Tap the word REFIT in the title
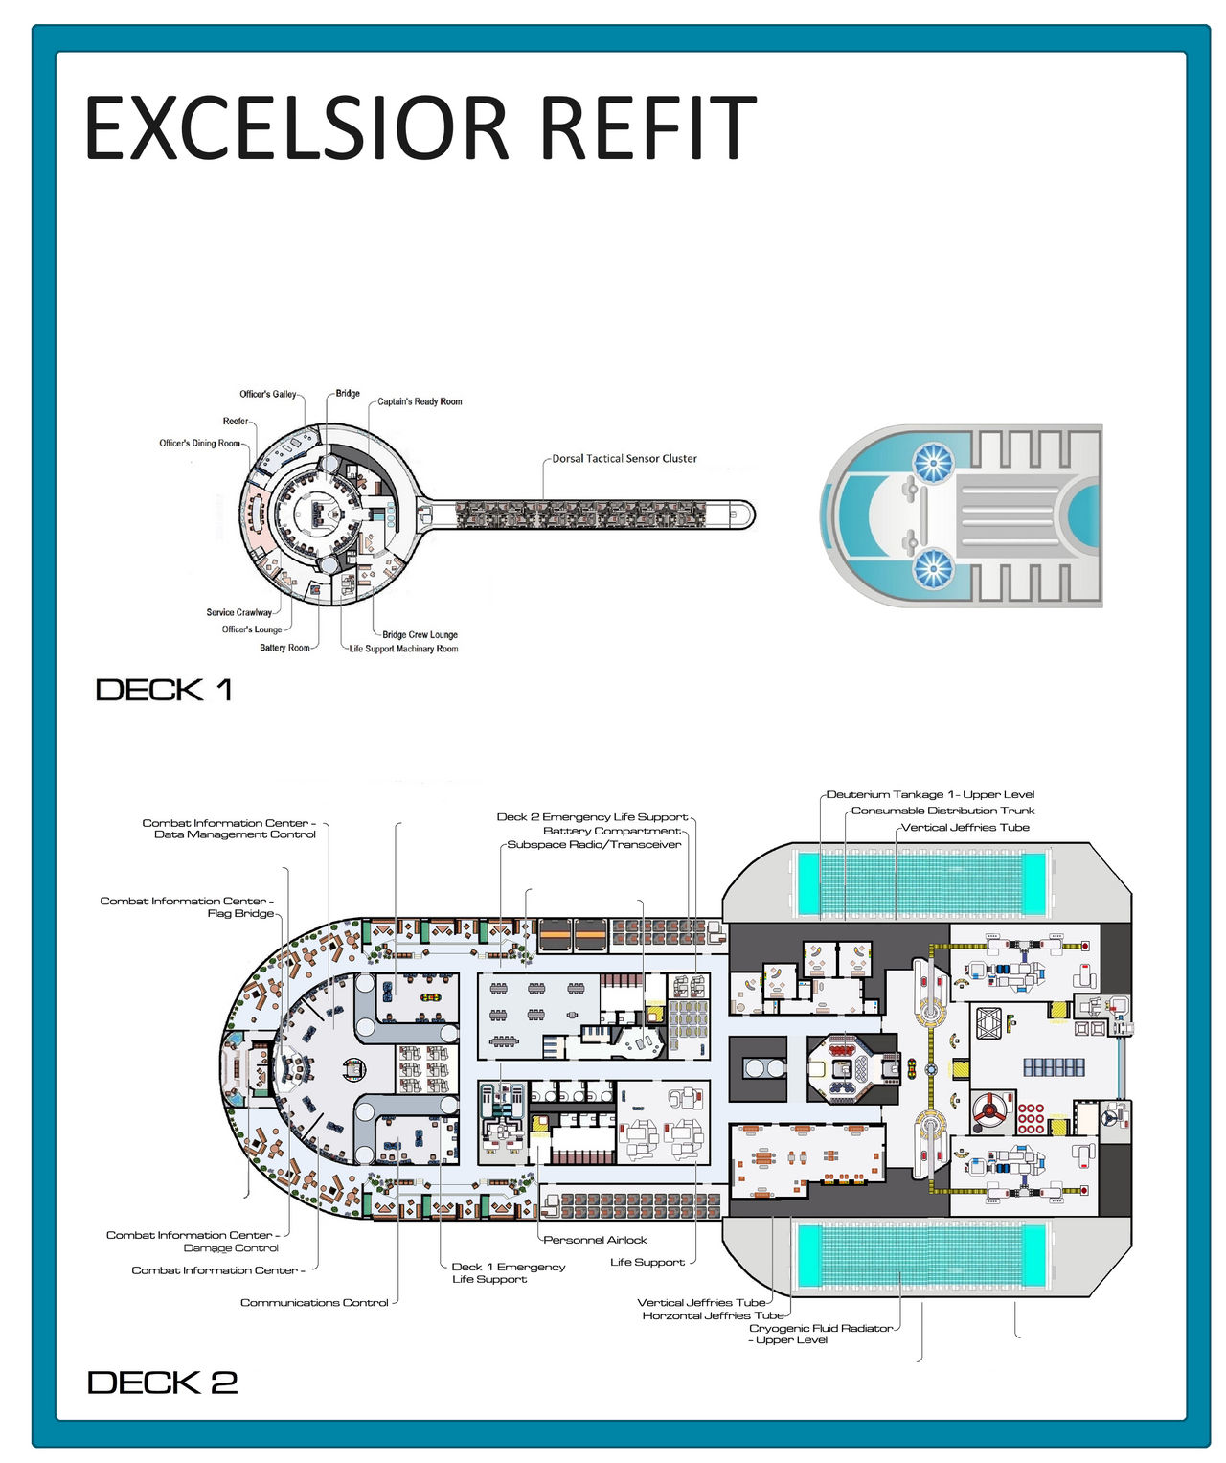(648, 127)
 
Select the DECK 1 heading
(164, 690)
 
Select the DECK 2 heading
(162, 1383)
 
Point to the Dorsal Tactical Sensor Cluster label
(624, 459)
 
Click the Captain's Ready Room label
(420, 401)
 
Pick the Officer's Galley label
(268, 394)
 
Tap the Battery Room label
(284, 648)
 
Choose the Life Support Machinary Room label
(403, 649)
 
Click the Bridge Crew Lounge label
(420, 634)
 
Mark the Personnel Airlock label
(595, 1240)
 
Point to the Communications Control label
(314, 1303)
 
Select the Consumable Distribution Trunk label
(942, 811)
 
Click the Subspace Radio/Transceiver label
(594, 845)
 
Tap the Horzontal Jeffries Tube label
(713, 1315)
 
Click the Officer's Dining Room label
(199, 443)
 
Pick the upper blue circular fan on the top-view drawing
(932, 463)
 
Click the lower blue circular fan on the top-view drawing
(932, 569)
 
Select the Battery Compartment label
(611, 831)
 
